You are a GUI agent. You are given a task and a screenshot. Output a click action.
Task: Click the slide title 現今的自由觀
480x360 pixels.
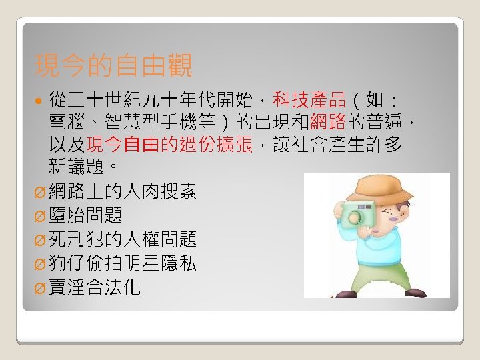[x=113, y=66]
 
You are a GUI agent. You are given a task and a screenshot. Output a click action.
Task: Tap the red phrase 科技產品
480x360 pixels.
[x=315, y=101]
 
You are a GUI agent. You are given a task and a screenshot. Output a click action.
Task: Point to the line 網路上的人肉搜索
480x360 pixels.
[x=123, y=191]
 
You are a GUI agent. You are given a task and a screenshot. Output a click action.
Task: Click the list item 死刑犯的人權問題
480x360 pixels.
[x=123, y=239]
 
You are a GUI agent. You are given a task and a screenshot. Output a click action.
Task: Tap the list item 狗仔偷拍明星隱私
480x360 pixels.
[x=123, y=263]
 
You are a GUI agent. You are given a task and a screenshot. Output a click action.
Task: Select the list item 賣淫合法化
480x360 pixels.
[x=95, y=287]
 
